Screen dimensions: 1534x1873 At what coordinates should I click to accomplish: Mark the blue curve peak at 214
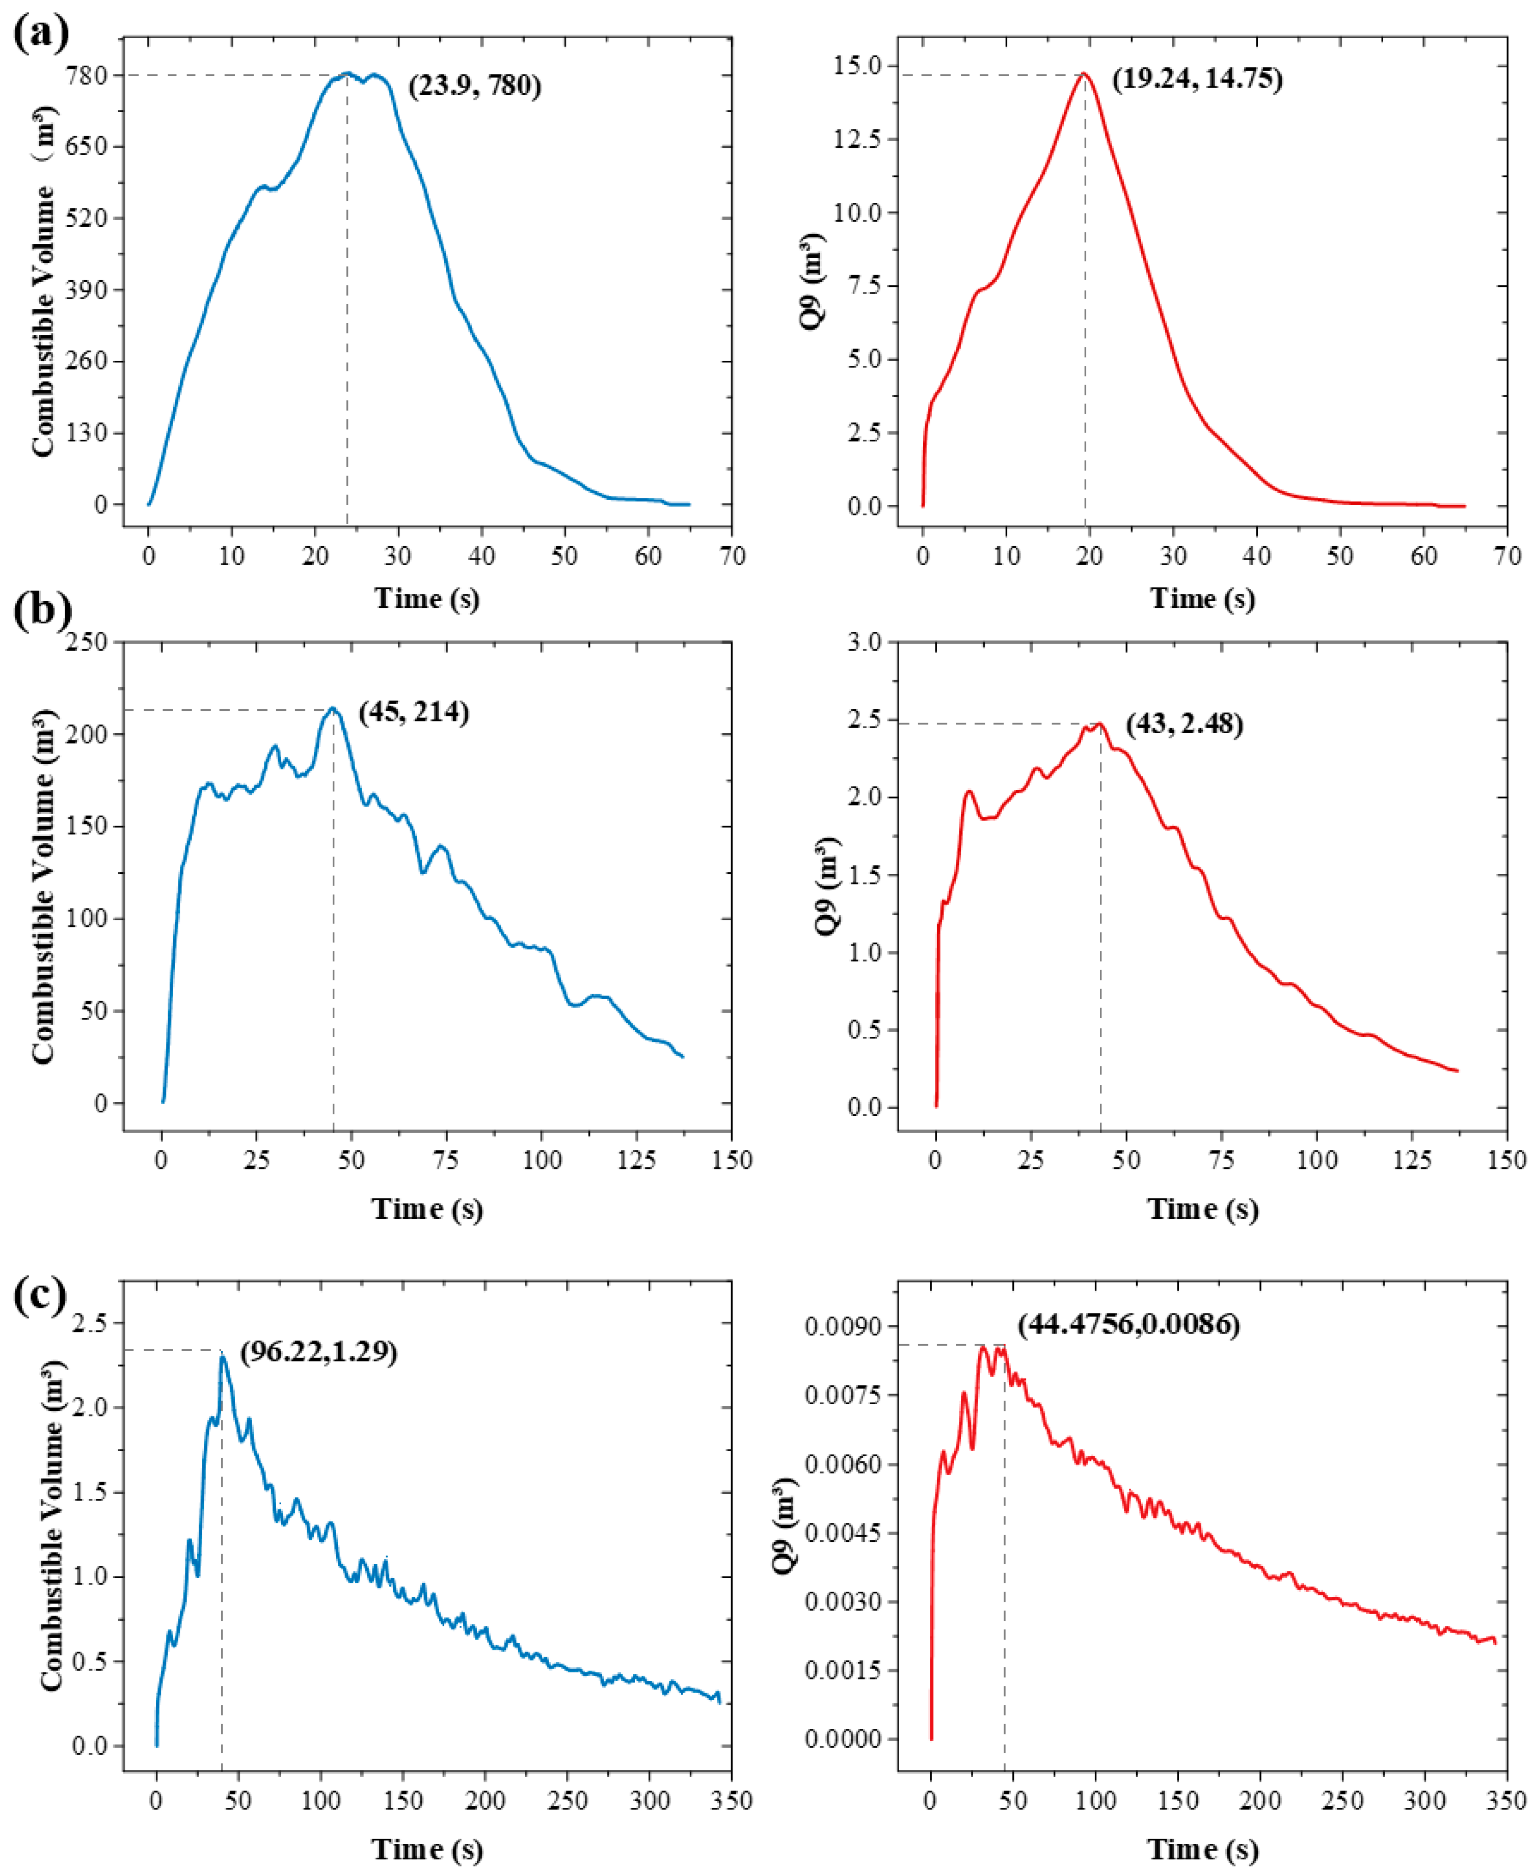tap(332, 708)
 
